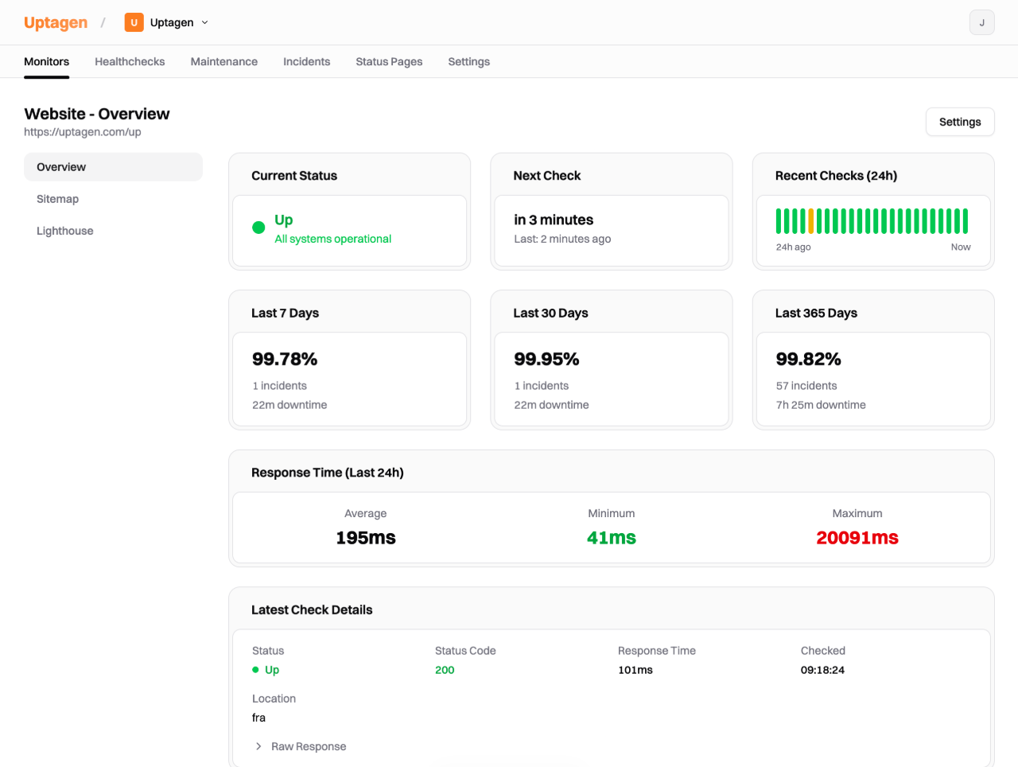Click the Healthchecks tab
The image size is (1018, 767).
[x=130, y=61]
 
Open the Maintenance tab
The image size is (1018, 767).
[x=223, y=61]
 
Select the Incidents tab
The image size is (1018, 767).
[x=306, y=61]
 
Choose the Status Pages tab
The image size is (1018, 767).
[x=389, y=61]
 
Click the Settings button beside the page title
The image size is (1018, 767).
[x=959, y=122]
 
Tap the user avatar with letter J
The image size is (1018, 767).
[x=981, y=22]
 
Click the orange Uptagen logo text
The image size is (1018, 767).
[x=56, y=22]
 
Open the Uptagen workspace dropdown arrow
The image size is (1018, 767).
[x=204, y=22]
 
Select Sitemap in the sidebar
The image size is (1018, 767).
[x=57, y=199]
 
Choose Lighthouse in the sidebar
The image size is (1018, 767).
[x=64, y=231]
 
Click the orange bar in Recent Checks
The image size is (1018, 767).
[x=811, y=221]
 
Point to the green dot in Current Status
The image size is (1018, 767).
[x=258, y=228]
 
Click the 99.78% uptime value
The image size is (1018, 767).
[x=285, y=359]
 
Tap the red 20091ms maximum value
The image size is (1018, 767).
[x=857, y=538]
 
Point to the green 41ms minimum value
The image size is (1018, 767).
[x=611, y=538]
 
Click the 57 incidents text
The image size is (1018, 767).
[x=806, y=386]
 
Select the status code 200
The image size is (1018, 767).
[x=445, y=670]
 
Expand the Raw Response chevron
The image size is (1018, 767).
[x=258, y=746]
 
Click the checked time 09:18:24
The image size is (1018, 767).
[x=822, y=670]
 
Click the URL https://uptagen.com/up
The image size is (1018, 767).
[x=83, y=132]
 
